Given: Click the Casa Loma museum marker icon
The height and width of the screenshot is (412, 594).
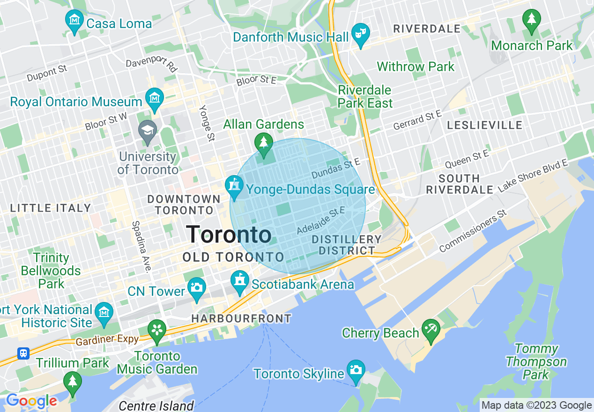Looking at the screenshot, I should tap(74, 21).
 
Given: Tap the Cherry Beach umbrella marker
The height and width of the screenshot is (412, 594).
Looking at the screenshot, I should tap(430, 330).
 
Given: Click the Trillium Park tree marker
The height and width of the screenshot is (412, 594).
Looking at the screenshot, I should tap(72, 382).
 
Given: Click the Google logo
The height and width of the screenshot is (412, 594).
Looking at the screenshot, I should tap(31, 401).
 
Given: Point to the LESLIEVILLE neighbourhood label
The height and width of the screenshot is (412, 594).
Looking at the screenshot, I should tap(484, 125).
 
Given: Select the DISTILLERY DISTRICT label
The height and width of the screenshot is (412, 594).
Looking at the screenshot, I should tap(347, 245).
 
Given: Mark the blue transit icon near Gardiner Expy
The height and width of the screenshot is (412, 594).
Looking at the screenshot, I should tap(23, 353).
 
